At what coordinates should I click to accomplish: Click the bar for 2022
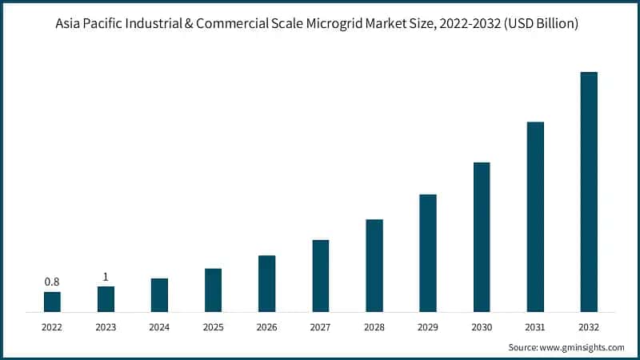[52, 302]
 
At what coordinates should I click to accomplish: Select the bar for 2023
[106, 298]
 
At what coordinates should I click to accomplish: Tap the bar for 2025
[213, 290]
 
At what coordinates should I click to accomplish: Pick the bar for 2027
[321, 275]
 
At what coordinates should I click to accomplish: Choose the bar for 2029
[428, 253]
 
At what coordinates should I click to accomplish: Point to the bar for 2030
[482, 237]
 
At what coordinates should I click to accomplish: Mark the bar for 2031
[535, 217]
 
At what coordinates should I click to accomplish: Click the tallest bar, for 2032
[589, 192]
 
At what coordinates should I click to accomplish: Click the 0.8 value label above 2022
[52, 282]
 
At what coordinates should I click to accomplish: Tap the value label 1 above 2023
[106, 277]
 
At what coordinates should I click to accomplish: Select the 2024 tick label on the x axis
[159, 327]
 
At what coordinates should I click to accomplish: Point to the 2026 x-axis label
[266, 327]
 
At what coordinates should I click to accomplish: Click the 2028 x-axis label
[374, 327]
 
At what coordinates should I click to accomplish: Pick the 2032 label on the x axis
[589, 327]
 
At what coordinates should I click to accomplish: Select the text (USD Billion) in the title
[545, 24]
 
